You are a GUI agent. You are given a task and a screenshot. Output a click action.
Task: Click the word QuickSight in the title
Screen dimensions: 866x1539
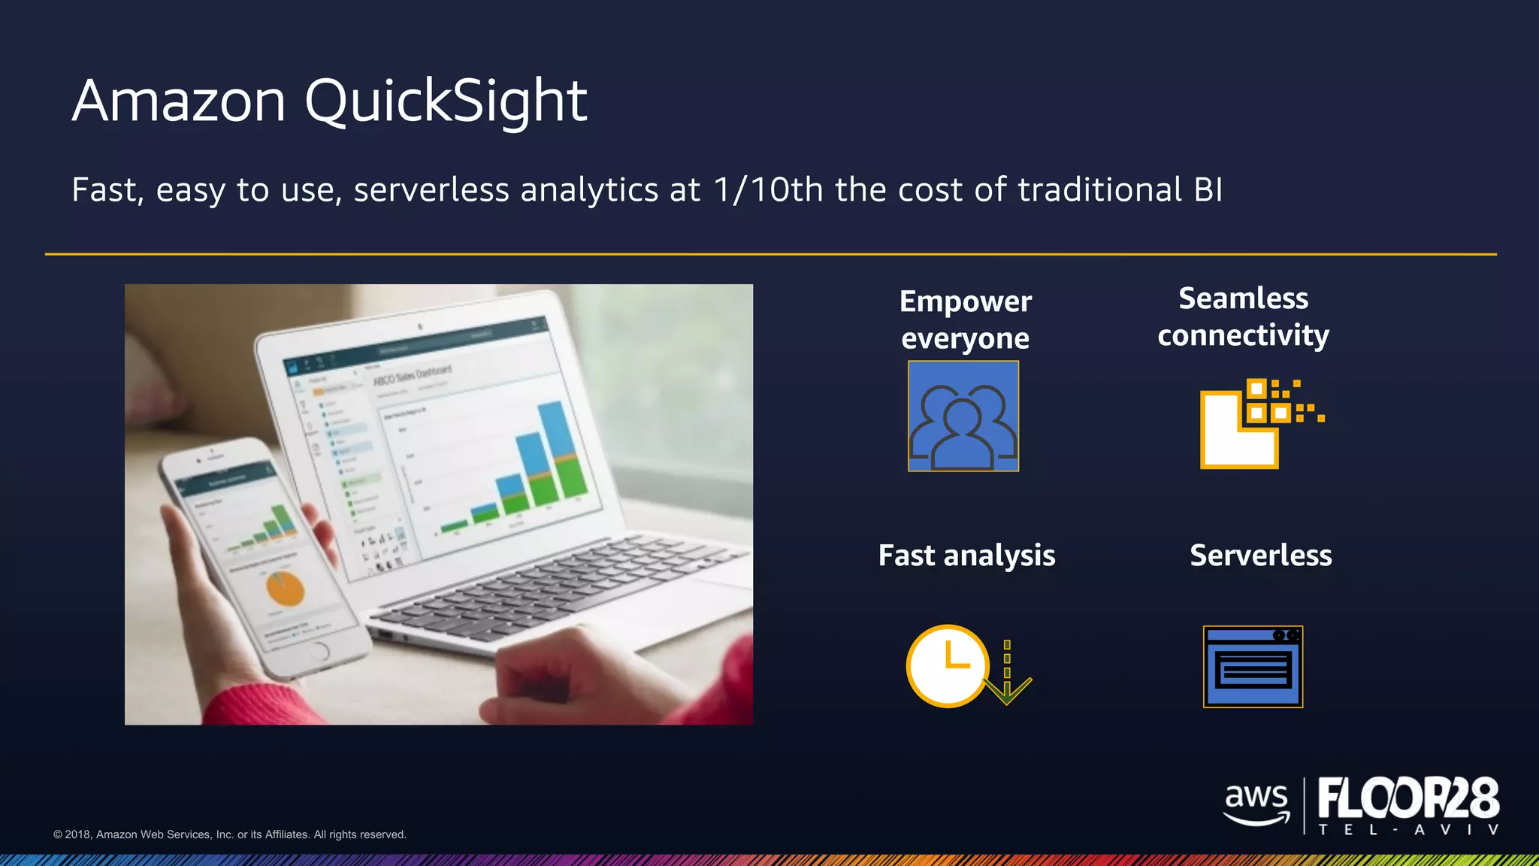coord(445,101)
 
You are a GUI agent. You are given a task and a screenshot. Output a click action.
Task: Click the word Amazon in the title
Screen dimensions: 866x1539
coord(179,101)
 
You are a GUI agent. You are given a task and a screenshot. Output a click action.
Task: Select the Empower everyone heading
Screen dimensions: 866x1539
coord(965,319)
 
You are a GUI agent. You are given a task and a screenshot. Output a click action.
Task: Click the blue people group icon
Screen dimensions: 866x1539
coord(963,416)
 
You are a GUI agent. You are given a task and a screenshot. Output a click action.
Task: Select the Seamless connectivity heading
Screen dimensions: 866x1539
coord(1243,316)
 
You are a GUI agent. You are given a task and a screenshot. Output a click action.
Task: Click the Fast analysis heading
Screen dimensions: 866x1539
coord(966,556)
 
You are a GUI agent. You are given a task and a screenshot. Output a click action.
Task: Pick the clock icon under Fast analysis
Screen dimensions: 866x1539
coord(947,665)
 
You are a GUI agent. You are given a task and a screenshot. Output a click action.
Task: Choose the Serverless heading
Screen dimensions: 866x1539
coord(1260,556)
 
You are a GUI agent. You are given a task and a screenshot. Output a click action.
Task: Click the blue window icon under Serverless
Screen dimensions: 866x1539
coord(1253,667)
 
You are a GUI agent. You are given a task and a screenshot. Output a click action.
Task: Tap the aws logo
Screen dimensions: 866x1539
coord(1256,804)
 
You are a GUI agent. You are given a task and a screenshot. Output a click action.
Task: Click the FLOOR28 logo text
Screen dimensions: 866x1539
coord(1408,798)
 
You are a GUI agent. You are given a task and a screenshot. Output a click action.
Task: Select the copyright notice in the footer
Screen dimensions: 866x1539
coord(229,834)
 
